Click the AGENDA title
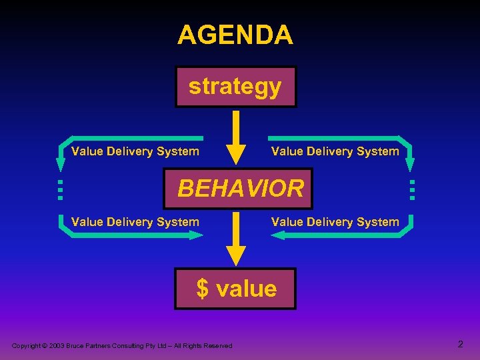(x=235, y=35)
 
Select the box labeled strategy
(x=235, y=87)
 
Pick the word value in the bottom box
(x=247, y=289)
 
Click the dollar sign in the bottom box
(x=203, y=289)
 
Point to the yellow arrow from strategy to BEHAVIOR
(x=235, y=137)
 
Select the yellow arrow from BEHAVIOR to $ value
(x=235, y=240)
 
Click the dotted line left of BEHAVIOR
(x=59, y=189)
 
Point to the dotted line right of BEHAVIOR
(x=412, y=189)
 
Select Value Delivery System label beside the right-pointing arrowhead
(x=135, y=222)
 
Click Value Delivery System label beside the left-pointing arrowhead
(x=335, y=222)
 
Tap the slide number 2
(x=460, y=344)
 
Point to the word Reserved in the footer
(x=219, y=345)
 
